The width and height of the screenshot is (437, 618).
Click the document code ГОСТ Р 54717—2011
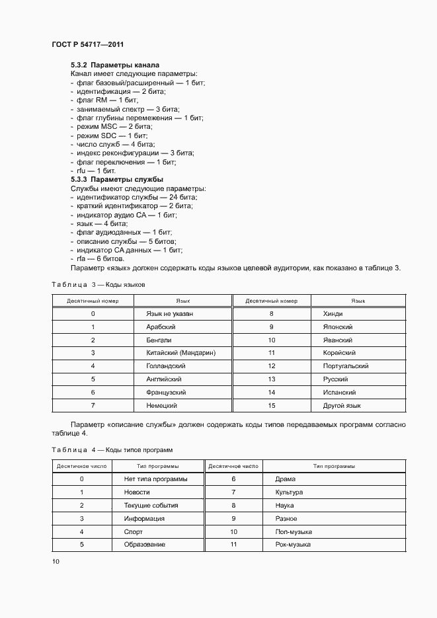[87, 44]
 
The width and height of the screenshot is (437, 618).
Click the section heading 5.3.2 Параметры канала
[115, 65]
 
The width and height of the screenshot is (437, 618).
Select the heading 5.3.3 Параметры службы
[117, 179]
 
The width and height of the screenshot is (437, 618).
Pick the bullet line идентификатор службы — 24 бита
[137, 197]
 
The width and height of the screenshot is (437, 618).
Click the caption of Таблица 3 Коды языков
[98, 284]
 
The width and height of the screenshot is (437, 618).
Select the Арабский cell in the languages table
[161, 327]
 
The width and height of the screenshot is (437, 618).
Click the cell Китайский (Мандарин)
[181, 353]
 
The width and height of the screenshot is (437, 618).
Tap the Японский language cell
[338, 327]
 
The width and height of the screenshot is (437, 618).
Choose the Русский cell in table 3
[335, 379]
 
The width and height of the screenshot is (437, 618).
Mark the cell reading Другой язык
[342, 405]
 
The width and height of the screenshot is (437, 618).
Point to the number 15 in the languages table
[271, 405]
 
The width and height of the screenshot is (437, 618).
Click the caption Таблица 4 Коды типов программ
[112, 449]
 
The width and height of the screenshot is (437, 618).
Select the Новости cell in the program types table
[137, 492]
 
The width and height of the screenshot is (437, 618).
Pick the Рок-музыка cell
[293, 545]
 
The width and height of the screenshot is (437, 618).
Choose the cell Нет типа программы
[155, 479]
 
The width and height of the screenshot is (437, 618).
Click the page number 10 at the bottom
[56, 562]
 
